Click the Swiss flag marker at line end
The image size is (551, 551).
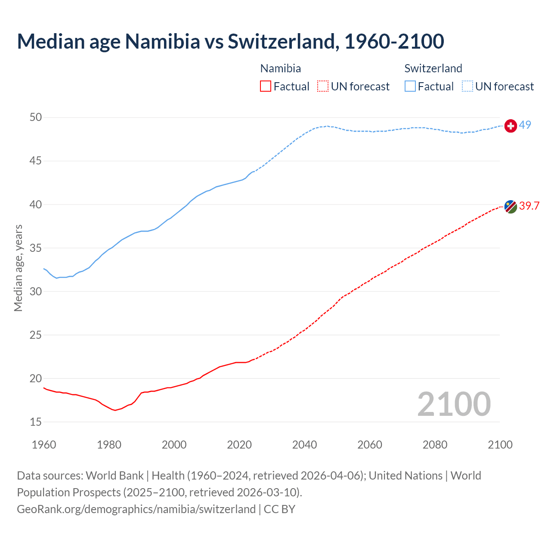[511, 126]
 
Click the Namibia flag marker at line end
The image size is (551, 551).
[511, 207]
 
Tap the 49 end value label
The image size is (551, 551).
[525, 125]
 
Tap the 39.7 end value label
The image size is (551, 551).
[529, 206]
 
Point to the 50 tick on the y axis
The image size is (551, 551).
[36, 118]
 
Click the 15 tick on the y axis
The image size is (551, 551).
[36, 422]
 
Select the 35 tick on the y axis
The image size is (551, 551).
[36, 248]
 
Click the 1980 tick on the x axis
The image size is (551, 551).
[109, 445]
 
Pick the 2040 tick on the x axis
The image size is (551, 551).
[304, 445]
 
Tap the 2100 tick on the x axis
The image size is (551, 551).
[500, 445]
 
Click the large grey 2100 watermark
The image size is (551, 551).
[454, 404]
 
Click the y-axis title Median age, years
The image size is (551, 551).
[18, 268]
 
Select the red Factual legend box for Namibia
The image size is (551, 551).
[266, 87]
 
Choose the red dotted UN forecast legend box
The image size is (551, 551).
[323, 87]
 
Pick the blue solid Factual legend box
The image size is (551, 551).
[410, 87]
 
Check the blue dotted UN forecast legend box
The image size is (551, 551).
[467, 87]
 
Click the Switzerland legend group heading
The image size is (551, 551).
[433, 68]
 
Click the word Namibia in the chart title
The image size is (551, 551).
[162, 41]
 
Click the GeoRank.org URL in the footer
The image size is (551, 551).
[136, 509]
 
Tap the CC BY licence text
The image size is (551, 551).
[279, 509]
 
